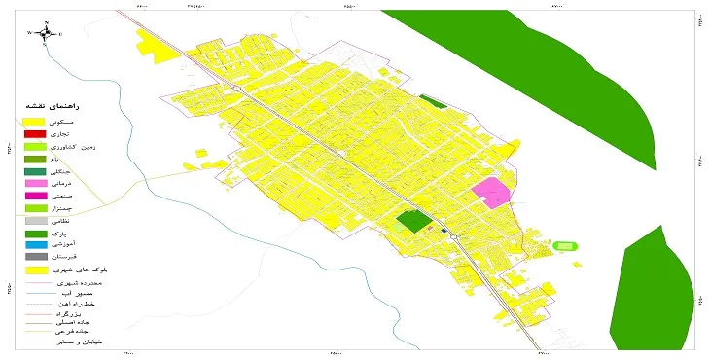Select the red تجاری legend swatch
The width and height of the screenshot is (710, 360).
coord(35,132)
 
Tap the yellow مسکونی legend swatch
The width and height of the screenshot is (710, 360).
coord(35,120)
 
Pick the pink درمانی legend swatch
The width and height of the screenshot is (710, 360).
coord(35,183)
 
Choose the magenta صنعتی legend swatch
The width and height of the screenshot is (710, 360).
coord(35,196)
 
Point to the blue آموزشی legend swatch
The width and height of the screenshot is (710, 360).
coord(35,245)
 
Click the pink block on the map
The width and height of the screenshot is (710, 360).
coord(492,192)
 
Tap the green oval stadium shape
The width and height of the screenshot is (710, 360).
coord(564,245)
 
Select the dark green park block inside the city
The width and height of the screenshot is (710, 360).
coord(414,222)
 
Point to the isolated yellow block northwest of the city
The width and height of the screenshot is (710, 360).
coord(152,44)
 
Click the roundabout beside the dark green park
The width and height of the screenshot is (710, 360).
coord(453,235)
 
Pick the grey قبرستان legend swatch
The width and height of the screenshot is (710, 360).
coord(35,257)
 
